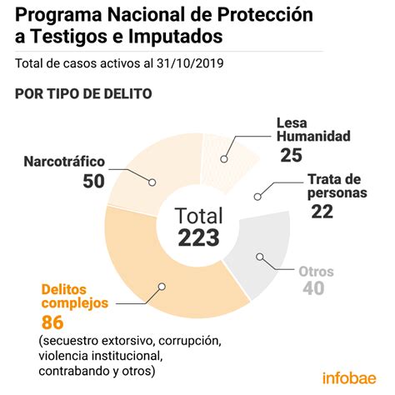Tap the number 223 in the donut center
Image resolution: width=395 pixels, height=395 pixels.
pos(198,237)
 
